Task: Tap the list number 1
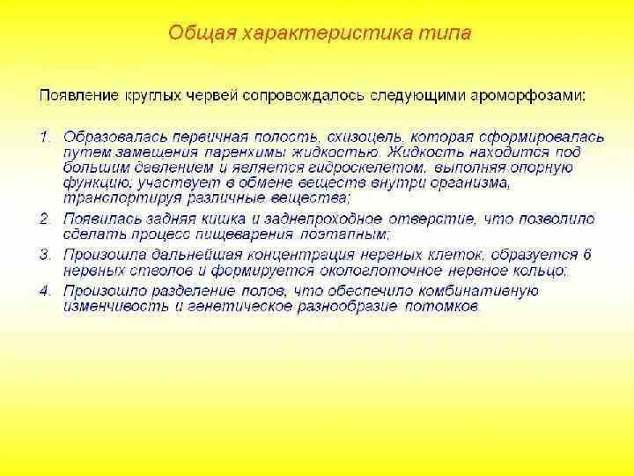pos(45,138)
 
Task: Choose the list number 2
pos(45,217)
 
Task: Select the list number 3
pos(45,254)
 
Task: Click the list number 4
pos(45,291)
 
